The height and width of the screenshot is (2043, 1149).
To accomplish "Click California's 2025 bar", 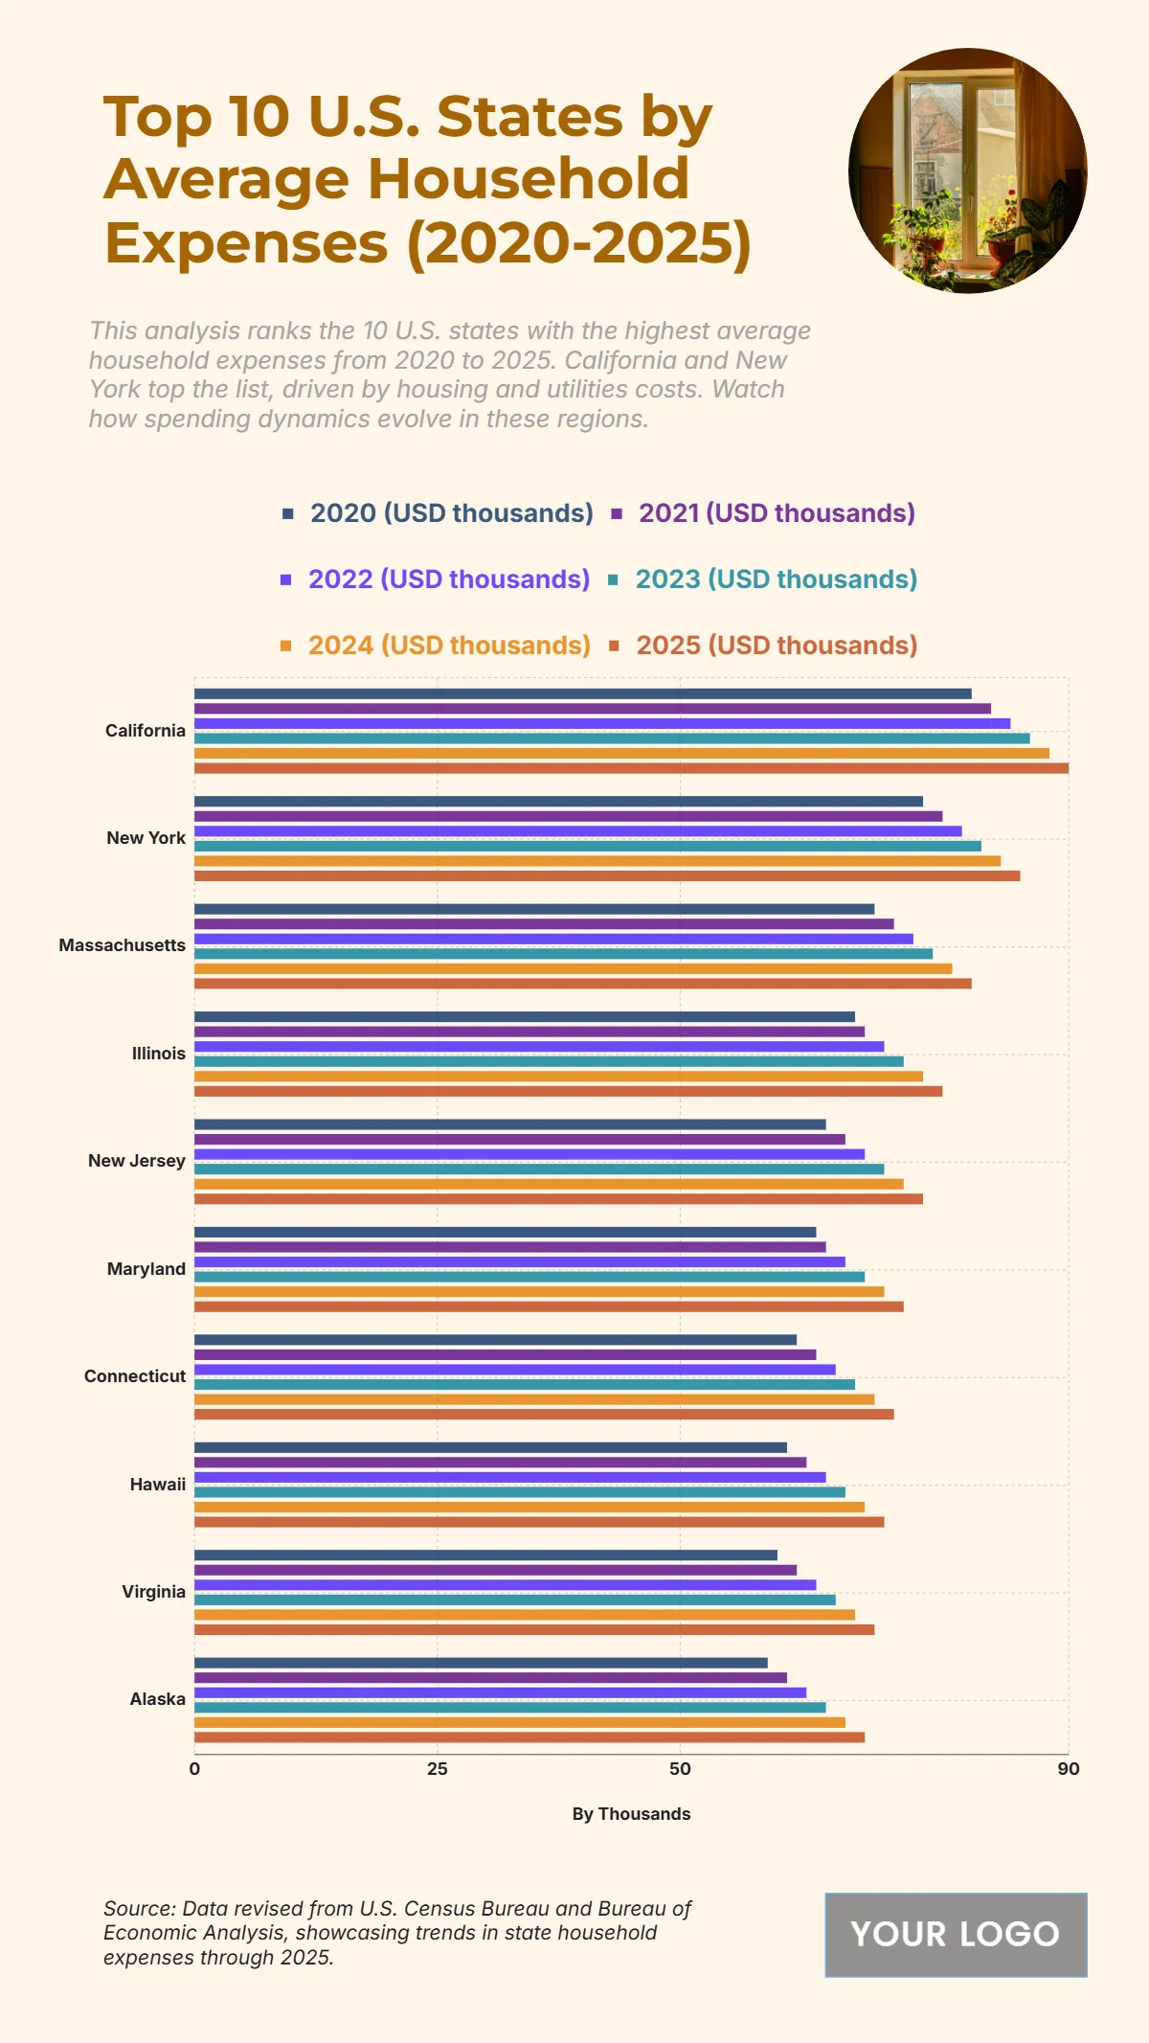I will click(x=631, y=768).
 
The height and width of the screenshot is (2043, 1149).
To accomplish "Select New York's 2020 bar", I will click(x=558, y=802).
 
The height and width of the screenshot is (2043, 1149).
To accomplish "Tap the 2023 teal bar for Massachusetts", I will click(x=563, y=954).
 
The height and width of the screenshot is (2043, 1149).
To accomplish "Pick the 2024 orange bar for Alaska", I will click(x=519, y=1722).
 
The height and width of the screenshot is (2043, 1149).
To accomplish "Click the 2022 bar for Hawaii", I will click(x=509, y=1477).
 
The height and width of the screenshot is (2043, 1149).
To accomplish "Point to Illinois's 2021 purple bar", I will click(x=529, y=1032).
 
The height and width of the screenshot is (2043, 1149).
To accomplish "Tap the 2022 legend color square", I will click(x=285, y=579).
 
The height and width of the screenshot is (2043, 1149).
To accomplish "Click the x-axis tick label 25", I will click(x=437, y=1769).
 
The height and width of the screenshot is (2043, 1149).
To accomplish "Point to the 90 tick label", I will click(x=1068, y=1769).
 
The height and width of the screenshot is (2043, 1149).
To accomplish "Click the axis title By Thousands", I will click(x=631, y=1814).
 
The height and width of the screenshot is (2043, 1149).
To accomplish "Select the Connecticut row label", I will click(x=135, y=1376).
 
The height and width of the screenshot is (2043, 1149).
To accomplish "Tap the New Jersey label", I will click(x=137, y=1161).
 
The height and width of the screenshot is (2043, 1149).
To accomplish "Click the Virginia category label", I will click(x=153, y=1592).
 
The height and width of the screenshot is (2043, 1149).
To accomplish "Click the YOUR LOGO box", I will click(x=955, y=1934).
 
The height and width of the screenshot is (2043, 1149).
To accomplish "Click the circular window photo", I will click(x=967, y=170).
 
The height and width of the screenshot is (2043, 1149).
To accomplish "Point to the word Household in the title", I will click(x=528, y=179).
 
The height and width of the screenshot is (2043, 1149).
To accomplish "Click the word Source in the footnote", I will click(x=138, y=1908).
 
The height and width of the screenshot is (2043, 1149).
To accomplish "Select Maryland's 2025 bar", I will click(x=549, y=1306).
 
